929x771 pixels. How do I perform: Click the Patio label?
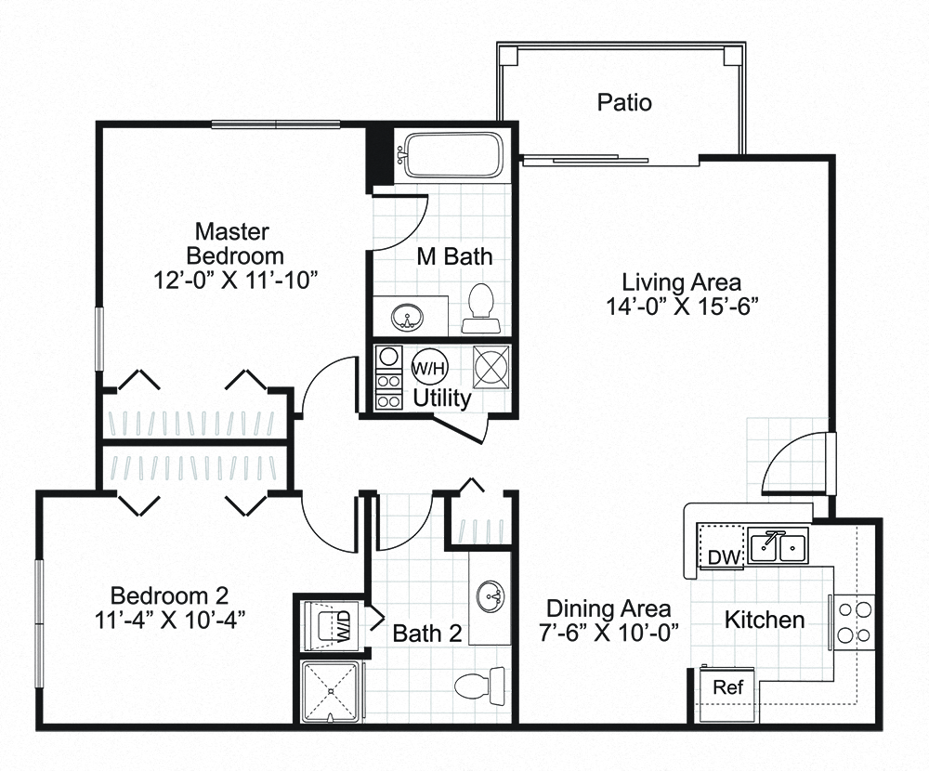point(623,102)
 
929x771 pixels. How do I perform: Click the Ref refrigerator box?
point(727,688)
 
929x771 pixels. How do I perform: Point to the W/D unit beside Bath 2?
point(332,624)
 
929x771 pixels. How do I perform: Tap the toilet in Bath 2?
point(476,686)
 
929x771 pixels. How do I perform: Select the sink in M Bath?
point(406,316)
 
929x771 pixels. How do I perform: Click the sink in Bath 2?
point(491,594)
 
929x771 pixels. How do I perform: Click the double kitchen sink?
point(779,546)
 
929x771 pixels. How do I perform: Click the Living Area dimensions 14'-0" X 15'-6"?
point(681,307)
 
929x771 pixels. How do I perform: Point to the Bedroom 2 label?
point(169,595)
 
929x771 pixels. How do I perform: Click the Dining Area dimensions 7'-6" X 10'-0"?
point(608,634)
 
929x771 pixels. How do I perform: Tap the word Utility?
point(442,399)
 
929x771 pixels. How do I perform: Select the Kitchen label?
point(764,620)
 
